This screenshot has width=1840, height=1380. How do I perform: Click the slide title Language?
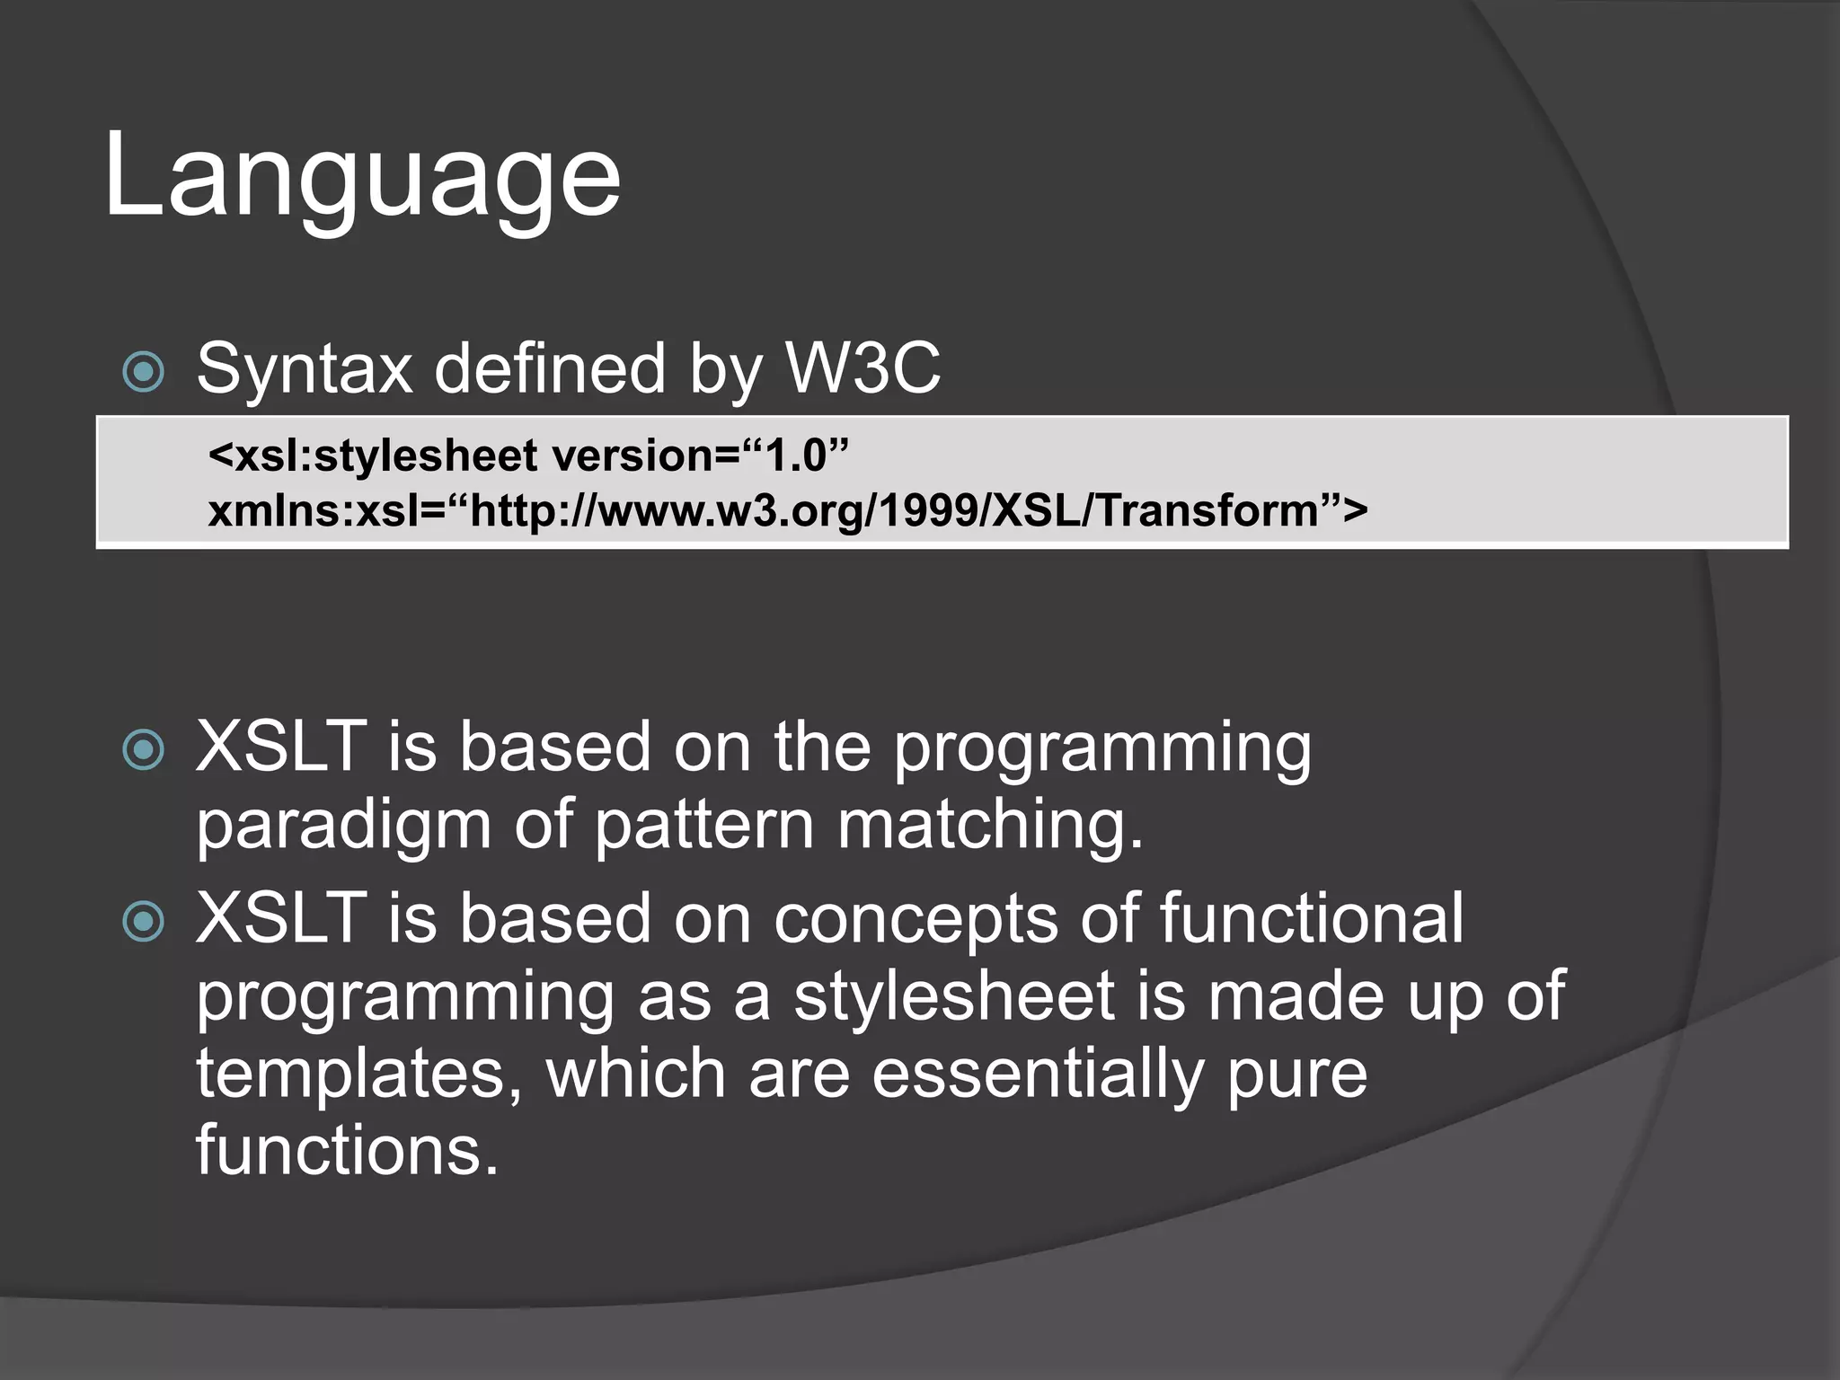tap(361, 175)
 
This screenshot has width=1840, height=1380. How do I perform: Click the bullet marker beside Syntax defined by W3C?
tap(144, 372)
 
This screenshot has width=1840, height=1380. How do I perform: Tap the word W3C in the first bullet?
tap(862, 367)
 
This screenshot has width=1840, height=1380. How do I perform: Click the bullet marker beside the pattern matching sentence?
tap(144, 749)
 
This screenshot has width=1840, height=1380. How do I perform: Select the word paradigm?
tap(343, 826)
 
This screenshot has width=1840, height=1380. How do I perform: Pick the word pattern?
tap(703, 826)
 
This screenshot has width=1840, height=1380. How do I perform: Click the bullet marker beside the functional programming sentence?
tap(144, 921)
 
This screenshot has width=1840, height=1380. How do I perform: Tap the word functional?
tap(1311, 918)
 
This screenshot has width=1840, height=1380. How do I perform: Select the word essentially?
tap(1037, 1075)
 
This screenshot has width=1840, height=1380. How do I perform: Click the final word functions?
tap(347, 1150)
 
